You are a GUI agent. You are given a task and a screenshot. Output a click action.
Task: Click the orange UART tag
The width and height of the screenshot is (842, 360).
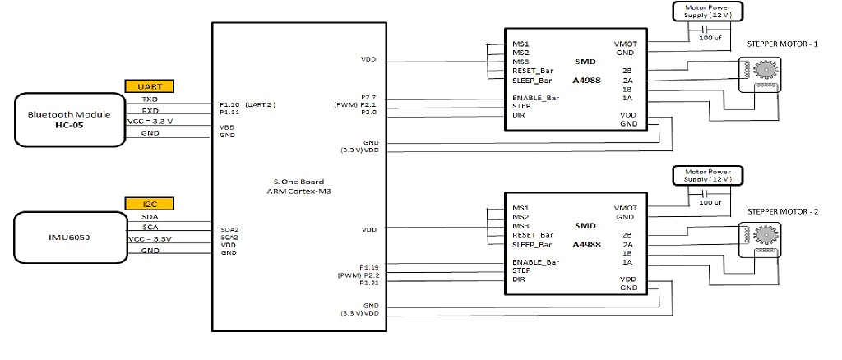point(150,85)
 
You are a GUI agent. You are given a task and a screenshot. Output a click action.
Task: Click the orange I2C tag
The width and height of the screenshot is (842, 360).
point(150,203)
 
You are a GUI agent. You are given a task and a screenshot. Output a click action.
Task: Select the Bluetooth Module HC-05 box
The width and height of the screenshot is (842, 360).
point(70,120)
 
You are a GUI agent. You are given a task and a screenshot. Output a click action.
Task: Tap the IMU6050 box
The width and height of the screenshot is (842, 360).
point(70,238)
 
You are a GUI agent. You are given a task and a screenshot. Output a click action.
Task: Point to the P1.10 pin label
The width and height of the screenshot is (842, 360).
point(230,104)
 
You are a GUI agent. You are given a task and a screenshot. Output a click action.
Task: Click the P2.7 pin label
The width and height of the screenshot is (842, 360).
point(369,96)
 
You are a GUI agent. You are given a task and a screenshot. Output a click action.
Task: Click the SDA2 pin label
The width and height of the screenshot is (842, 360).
point(229,229)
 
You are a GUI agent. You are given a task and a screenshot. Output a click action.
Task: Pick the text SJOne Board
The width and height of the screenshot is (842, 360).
point(298,182)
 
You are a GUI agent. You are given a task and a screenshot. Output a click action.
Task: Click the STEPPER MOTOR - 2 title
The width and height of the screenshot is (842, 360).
point(783,211)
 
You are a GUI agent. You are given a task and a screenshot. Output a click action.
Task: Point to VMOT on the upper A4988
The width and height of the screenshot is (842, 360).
point(625,44)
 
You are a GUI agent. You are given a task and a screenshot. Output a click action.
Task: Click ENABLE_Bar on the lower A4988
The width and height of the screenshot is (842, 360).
point(535,262)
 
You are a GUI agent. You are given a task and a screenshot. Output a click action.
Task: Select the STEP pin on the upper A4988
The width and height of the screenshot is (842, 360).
point(521,106)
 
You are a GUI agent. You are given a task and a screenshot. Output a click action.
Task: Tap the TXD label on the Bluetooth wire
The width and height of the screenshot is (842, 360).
point(150,99)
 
